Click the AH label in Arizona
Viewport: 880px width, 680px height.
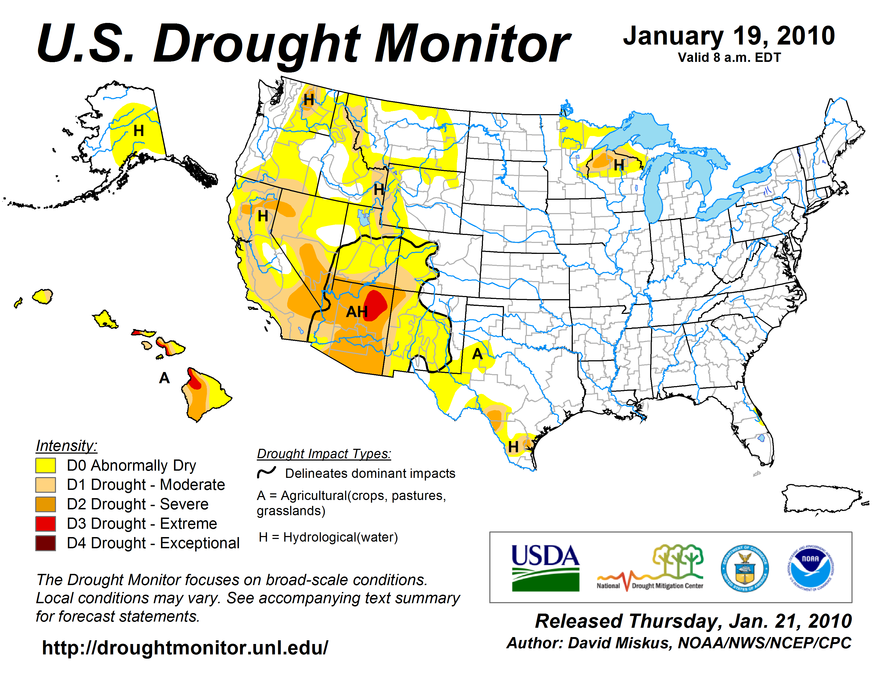357,311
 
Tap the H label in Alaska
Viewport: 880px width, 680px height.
139,130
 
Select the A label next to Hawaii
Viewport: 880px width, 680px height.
164,378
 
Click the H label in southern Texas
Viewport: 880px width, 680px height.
513,447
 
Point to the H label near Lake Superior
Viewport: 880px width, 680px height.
619,165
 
